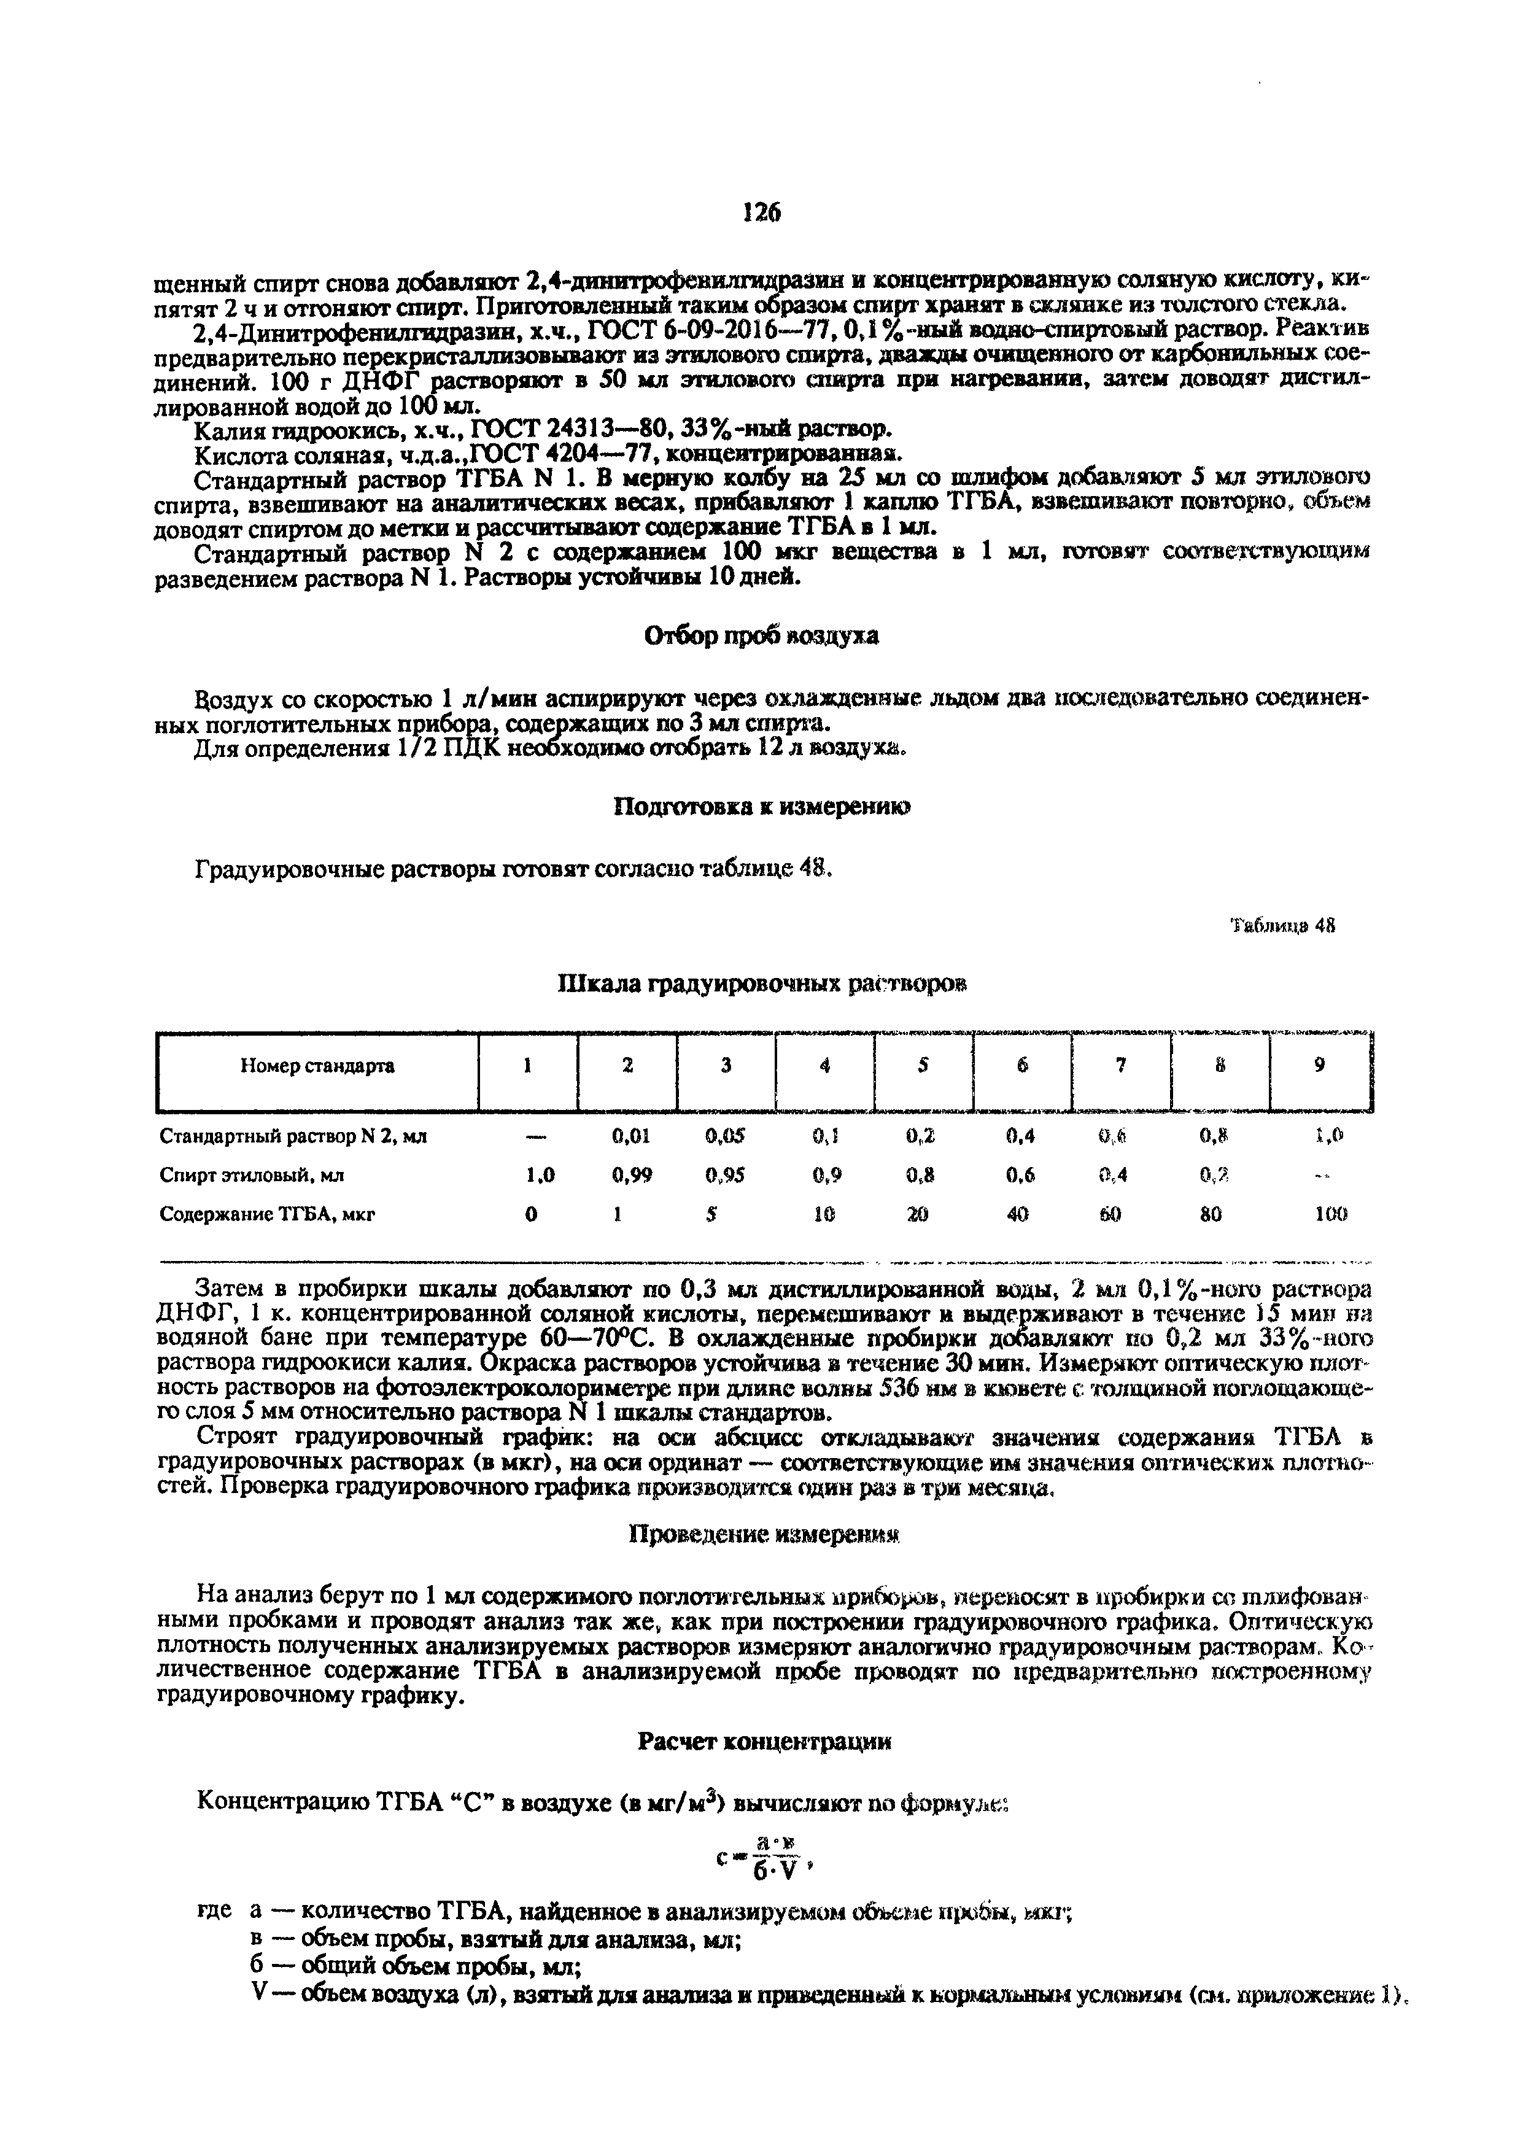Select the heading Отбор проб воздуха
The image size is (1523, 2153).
coord(761,636)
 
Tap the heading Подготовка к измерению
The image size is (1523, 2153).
coord(761,807)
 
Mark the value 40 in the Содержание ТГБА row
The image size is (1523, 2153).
coord(1018,1214)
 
